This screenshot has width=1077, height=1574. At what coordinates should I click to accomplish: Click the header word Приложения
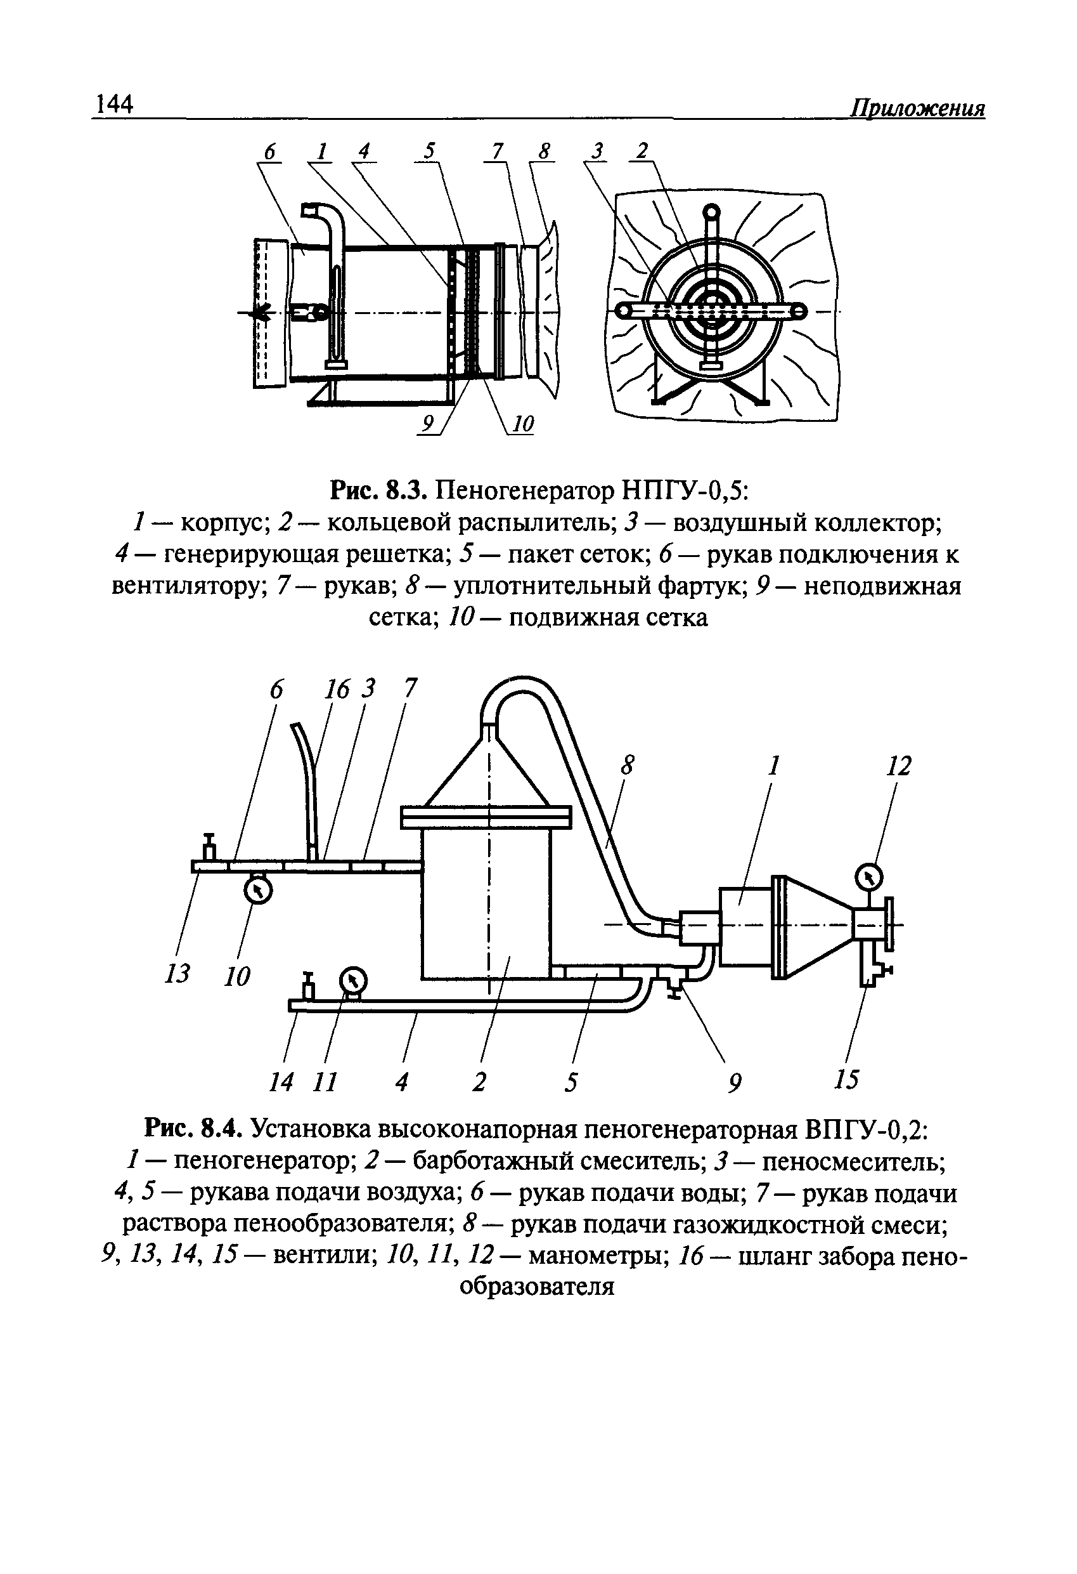pyautogui.click(x=917, y=108)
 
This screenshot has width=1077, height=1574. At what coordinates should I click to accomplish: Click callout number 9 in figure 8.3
pyautogui.click(x=428, y=424)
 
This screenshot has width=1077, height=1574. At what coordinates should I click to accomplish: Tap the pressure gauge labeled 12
pyautogui.click(x=869, y=879)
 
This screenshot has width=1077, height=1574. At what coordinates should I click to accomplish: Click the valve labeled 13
pyautogui.click(x=209, y=848)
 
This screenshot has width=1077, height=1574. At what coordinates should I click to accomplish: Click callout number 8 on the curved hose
pyautogui.click(x=629, y=766)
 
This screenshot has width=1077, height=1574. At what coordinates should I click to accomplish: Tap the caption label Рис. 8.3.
pyautogui.click(x=377, y=490)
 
